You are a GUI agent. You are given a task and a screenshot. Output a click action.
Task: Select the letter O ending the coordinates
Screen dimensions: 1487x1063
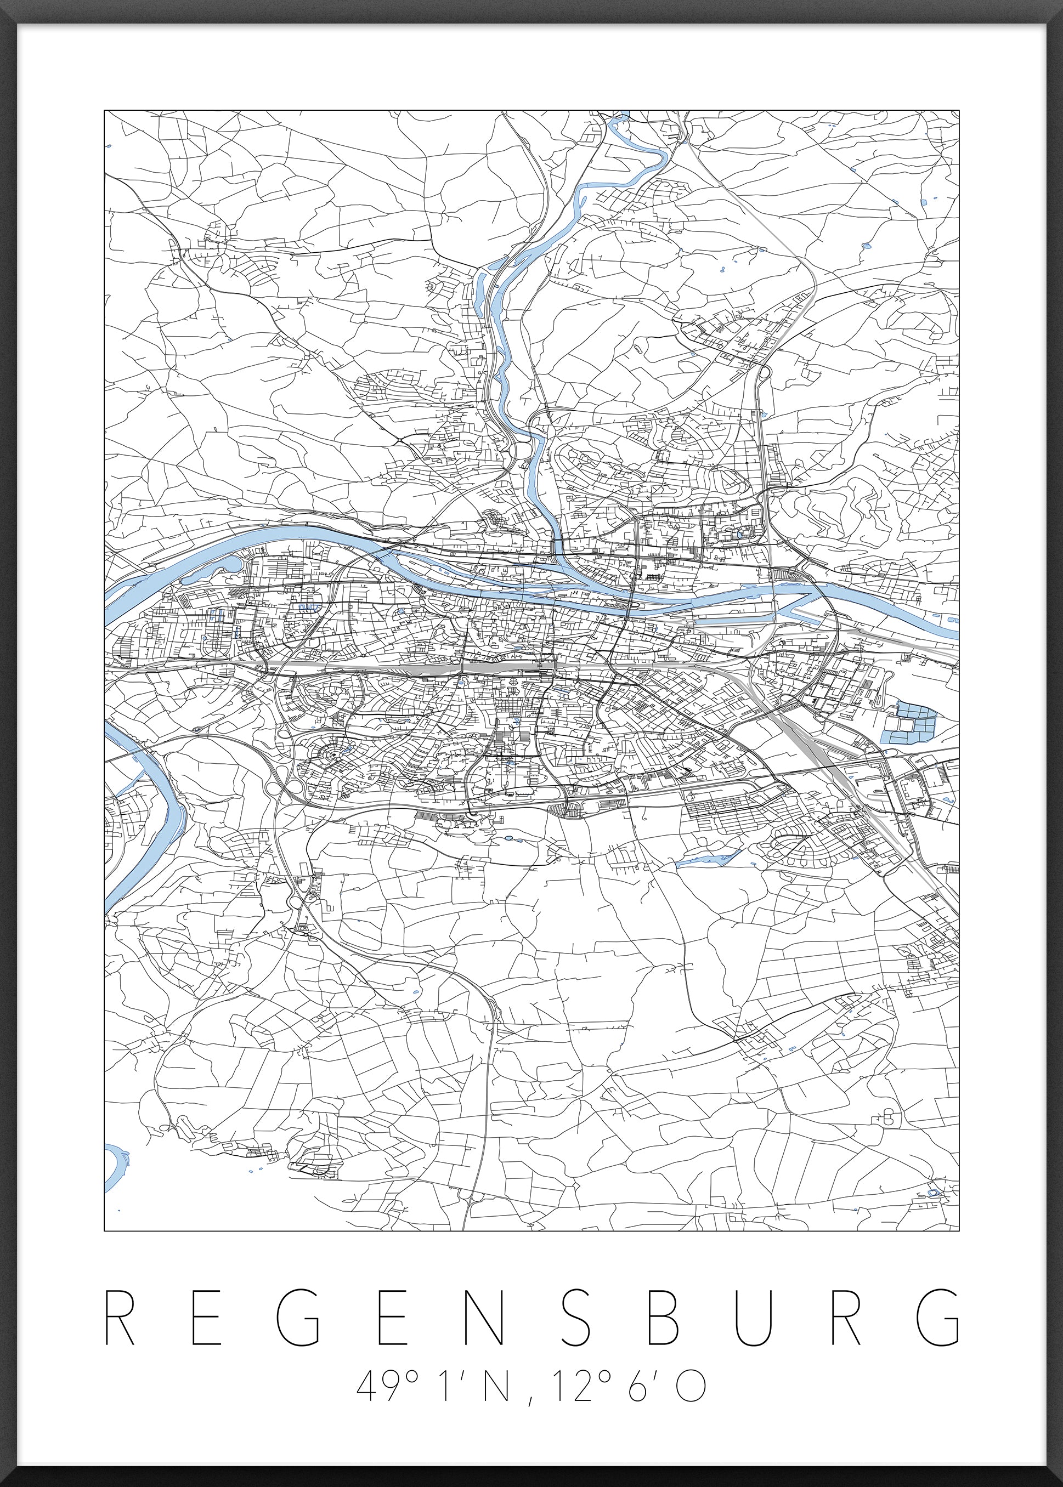[x=691, y=1382]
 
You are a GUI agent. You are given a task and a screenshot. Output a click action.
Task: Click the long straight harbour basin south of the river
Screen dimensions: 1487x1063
[x=733, y=616]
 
